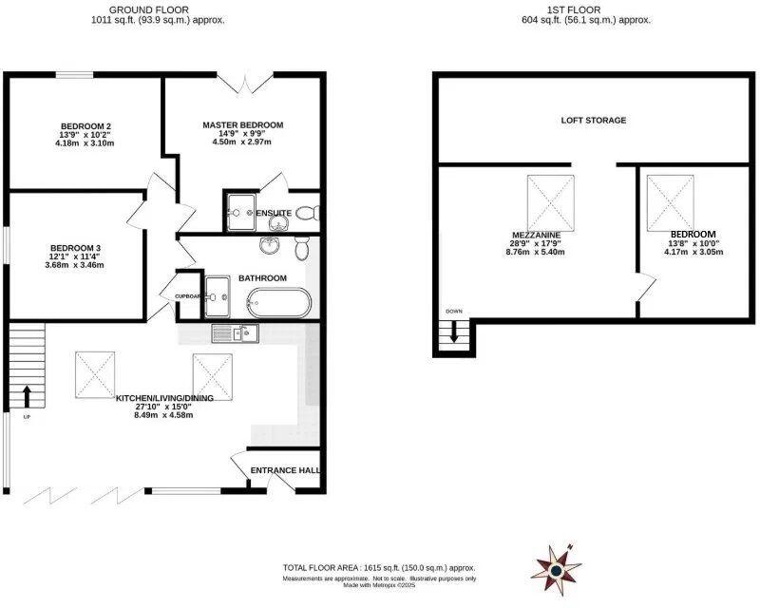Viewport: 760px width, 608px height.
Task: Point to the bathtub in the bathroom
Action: pyautogui.click(x=277, y=305)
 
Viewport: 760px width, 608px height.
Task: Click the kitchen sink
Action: pyautogui.click(x=232, y=332)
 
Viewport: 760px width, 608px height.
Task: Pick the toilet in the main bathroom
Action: pyautogui.click(x=301, y=248)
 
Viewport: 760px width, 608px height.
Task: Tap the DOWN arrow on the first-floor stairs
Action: pyautogui.click(x=454, y=332)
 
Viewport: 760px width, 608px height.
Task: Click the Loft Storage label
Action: pyautogui.click(x=593, y=121)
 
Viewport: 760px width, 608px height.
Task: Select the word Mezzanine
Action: pyautogui.click(x=535, y=234)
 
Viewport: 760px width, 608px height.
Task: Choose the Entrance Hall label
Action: pyautogui.click(x=284, y=470)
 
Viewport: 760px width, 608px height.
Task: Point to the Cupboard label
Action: pyautogui.click(x=188, y=296)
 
